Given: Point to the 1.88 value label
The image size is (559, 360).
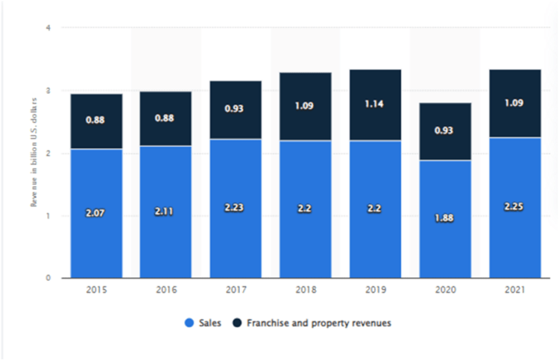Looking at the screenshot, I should point(445,219).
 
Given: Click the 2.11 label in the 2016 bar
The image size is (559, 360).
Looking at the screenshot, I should point(166,212).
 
